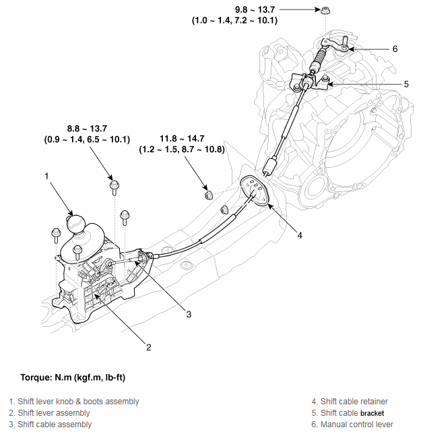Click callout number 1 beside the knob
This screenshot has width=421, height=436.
47,177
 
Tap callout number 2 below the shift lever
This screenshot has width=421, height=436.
148,348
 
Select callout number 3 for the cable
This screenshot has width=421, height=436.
189,314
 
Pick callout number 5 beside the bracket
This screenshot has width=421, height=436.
387,84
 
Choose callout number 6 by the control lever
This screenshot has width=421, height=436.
395,49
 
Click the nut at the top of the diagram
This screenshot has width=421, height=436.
325,11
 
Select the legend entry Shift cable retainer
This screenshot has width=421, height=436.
354,402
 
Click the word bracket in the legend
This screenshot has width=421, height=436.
375,413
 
